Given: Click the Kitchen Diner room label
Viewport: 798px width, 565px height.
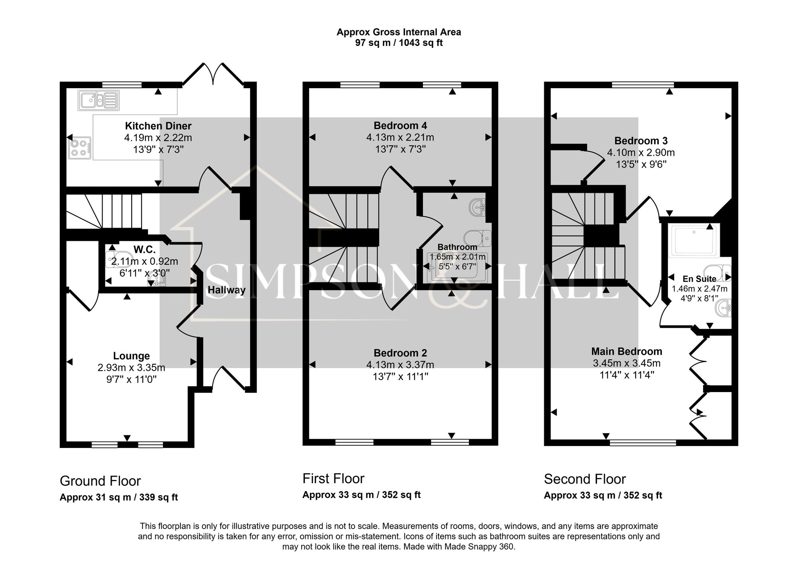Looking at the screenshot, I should click(158, 126).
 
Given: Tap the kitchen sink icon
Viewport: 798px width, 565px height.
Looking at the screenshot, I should click(99, 100).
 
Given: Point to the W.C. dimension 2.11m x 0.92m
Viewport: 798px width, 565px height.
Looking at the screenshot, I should click(144, 262).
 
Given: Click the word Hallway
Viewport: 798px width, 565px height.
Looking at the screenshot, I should click(226, 290).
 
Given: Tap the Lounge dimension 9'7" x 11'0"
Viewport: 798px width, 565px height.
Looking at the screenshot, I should click(131, 379).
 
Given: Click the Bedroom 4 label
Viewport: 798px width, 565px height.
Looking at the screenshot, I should click(400, 126).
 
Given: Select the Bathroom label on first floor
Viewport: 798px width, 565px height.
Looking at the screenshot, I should click(457, 247).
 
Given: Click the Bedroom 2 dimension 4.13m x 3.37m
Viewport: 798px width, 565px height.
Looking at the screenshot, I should click(400, 365).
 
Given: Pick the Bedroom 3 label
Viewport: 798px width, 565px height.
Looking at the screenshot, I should click(641, 141).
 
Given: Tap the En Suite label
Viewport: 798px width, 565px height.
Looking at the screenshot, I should click(699, 279).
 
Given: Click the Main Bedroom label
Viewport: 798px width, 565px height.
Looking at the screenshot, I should click(626, 352).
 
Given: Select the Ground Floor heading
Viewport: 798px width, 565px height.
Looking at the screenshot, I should click(100, 481).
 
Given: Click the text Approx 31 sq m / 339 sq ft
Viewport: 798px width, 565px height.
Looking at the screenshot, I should click(119, 498).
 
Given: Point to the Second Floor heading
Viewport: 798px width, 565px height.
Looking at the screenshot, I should click(585, 479).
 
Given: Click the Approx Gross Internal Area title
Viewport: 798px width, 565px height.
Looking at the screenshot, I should click(399, 32).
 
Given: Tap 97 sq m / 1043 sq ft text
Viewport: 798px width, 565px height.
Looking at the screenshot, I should click(399, 43).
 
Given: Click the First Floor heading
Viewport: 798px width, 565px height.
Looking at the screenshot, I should click(333, 479).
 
